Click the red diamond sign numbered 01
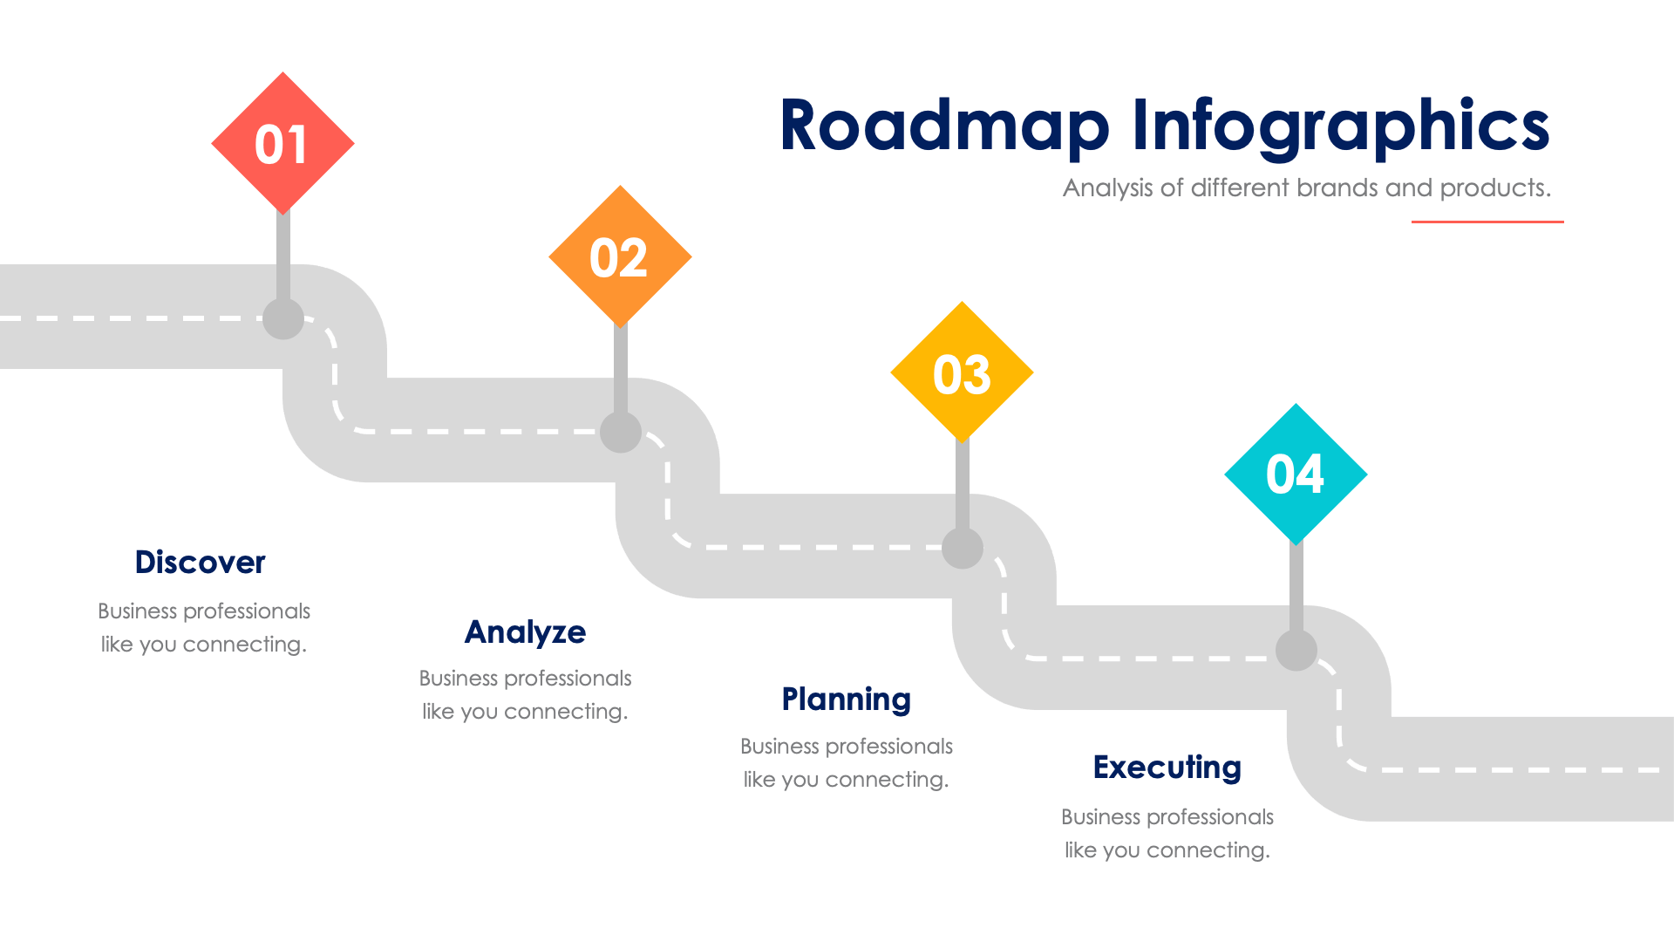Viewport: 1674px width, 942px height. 282,144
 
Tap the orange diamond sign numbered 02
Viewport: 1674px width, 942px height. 620,257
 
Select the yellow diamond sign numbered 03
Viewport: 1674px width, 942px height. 962,373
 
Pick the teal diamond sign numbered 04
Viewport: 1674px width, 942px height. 1296,474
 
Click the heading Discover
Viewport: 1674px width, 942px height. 200,563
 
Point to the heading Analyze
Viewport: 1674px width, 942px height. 525,632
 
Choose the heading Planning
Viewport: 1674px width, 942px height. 846,700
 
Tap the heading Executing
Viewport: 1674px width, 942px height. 1167,768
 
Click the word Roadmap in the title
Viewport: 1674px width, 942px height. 944,126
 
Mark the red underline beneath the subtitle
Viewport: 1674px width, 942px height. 1487,222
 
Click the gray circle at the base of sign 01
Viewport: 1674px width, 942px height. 283,319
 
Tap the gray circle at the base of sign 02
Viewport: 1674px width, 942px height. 621,432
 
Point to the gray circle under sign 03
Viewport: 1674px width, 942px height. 963,549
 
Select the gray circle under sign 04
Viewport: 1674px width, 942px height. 1296,651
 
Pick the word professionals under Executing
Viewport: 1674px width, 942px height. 1210,817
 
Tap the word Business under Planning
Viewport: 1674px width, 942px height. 779,747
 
